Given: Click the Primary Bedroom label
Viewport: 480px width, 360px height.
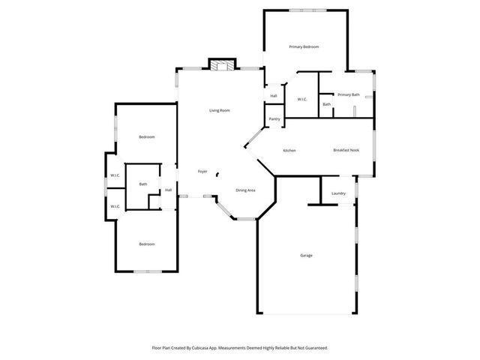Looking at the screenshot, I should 304,47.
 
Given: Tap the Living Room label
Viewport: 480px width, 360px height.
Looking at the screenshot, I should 219,111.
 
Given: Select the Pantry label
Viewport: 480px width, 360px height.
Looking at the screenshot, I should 274,118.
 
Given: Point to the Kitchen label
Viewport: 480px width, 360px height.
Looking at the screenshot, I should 289,151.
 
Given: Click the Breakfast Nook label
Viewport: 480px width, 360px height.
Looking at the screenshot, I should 346,151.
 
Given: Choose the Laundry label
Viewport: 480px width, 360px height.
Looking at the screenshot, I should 338,193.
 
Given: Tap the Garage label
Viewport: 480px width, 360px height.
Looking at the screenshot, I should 307,256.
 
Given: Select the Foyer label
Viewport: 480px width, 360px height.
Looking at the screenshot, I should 202,172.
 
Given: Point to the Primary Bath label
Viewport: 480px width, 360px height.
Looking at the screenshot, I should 349,94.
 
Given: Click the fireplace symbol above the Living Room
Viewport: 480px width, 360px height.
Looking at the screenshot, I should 220,65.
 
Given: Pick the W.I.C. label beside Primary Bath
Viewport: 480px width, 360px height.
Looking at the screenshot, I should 302,99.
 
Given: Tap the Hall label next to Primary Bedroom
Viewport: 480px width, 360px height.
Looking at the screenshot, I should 274,95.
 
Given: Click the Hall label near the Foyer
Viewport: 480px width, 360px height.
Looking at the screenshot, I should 169,190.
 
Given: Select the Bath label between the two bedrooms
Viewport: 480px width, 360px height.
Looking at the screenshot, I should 142,184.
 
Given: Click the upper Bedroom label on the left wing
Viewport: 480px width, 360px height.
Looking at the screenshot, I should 147,137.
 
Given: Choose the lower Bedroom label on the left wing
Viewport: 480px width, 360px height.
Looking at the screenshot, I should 147,244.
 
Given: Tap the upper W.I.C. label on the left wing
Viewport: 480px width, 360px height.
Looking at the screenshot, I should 115,175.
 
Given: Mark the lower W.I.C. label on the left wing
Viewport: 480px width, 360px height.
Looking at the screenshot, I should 115,206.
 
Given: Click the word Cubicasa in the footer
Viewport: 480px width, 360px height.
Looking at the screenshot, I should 197,348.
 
